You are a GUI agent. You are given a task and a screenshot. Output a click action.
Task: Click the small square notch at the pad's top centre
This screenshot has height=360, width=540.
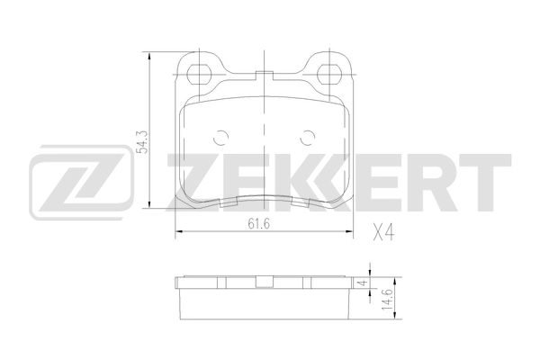263,76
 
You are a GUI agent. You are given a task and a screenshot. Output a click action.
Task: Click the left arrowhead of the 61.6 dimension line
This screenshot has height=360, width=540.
177,232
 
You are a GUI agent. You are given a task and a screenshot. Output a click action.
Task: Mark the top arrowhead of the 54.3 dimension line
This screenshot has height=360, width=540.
149,53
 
